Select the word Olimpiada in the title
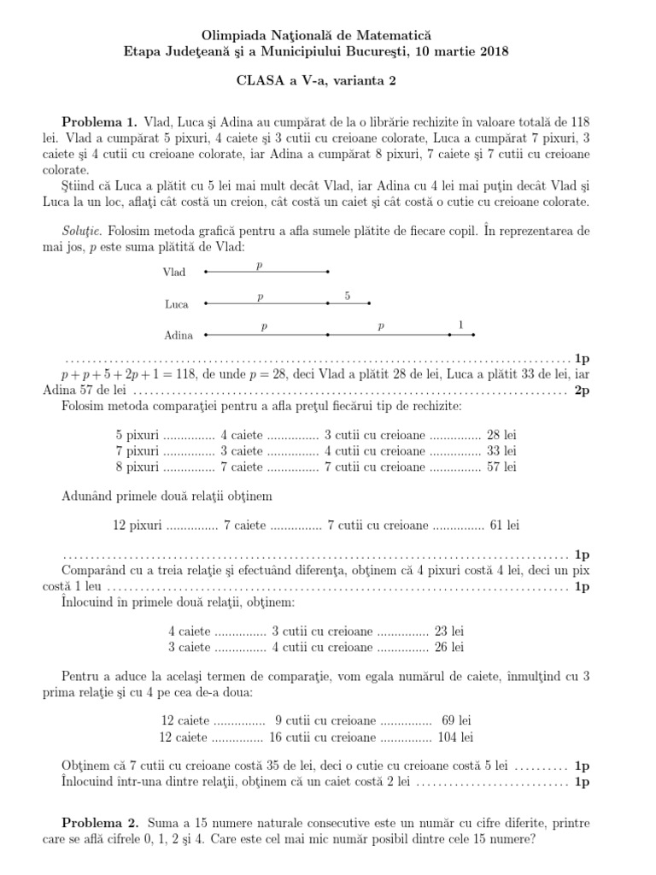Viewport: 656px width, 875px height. pyautogui.click(x=233, y=36)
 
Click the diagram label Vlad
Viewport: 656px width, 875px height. pyautogui.click(x=173, y=273)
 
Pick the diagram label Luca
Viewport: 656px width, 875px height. pyautogui.click(x=175, y=304)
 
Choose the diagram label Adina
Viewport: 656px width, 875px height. pyautogui.click(x=178, y=336)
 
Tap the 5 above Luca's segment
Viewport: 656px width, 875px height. pyautogui.click(x=348, y=296)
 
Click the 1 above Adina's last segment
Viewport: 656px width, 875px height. pyautogui.click(x=461, y=326)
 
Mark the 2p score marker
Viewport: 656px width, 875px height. pyautogui.click(x=582, y=391)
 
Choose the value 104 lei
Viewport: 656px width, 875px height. pyautogui.click(x=455, y=737)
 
